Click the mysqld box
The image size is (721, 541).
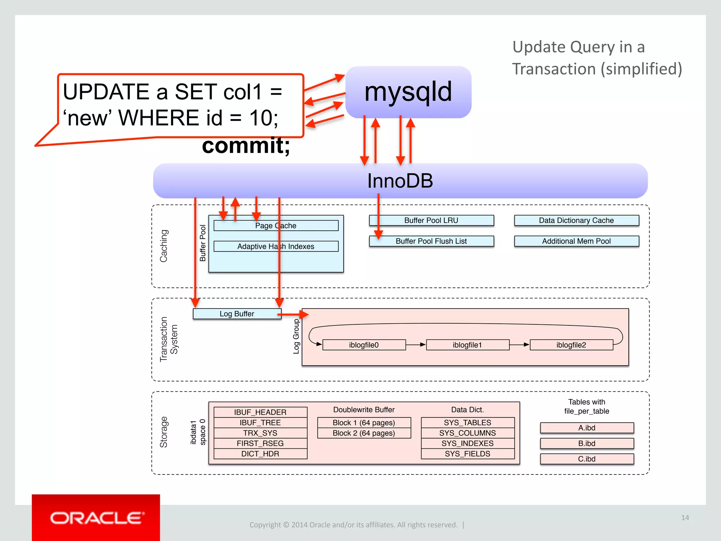point(408,92)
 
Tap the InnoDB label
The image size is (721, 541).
point(400,181)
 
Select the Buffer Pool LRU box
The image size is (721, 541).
point(431,220)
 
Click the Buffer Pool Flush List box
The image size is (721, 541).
point(431,241)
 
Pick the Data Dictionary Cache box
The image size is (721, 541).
point(576,220)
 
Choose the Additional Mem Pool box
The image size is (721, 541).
point(576,241)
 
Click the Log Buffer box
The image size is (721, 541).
point(237,314)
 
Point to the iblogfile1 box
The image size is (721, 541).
point(467,345)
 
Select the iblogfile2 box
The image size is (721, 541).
point(571,345)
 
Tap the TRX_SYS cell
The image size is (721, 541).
point(260,433)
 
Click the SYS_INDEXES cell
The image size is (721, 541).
point(468,443)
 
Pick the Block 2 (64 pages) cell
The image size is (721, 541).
point(364,433)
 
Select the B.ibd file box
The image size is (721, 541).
point(587,443)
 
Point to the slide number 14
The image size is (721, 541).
point(685,518)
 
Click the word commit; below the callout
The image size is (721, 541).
point(246,146)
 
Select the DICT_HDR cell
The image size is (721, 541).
point(260,454)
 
